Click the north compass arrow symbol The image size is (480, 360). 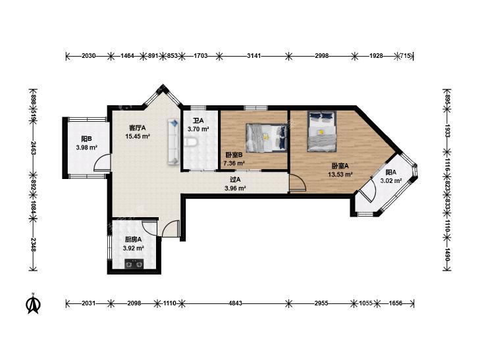coord(34,303)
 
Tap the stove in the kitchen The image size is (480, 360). coord(134,264)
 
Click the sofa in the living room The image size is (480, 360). coord(173,142)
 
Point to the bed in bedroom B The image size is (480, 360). coord(267,138)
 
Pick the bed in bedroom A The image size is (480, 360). coord(322,131)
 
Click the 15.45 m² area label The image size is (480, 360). coord(138,136)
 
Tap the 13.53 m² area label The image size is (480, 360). coord(340,174)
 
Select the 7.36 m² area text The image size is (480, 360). coord(234,163)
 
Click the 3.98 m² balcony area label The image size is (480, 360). coord(87,147)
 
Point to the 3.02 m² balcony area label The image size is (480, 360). coord(391,181)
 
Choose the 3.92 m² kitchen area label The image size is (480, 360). coord(134,248)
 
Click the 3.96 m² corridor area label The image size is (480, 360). coord(235,188)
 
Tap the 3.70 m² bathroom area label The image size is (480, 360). coord(198,129)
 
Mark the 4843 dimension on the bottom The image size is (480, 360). coord(235,303)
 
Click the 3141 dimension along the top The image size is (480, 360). coord(253,56)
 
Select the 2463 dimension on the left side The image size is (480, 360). coord(33,147)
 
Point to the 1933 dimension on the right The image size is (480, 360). coord(447,130)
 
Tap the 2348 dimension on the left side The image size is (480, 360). coord(33,245)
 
